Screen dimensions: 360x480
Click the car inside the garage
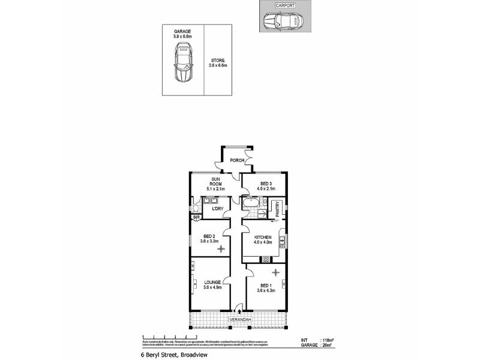(182, 66)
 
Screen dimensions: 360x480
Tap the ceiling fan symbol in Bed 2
(220, 248)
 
